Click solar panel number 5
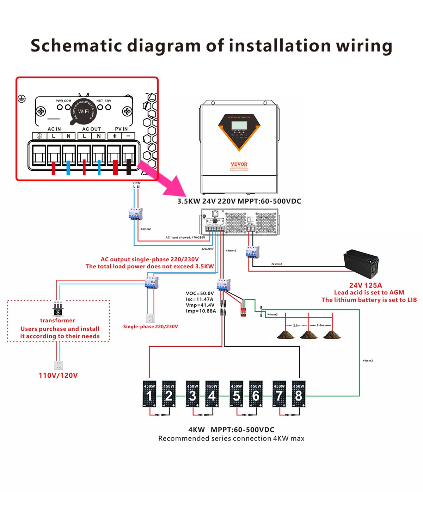[x=236, y=394]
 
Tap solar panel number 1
[x=149, y=394]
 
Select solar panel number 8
[x=299, y=394]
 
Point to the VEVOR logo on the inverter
[x=239, y=164]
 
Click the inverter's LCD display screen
[x=239, y=125]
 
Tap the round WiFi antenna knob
[x=84, y=111]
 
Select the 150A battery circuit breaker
[x=252, y=252]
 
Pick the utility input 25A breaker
[x=136, y=214]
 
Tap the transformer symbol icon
[x=58, y=309]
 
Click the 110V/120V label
[x=58, y=375]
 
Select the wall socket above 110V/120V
[x=58, y=365]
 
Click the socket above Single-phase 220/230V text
[x=150, y=318]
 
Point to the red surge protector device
[x=243, y=311]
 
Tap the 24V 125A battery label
[x=366, y=285]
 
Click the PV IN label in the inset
[x=121, y=129]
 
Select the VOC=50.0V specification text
[x=200, y=293]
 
